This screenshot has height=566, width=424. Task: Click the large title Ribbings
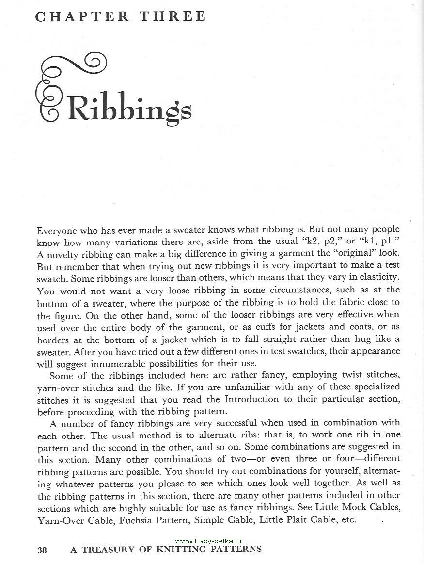[129, 108]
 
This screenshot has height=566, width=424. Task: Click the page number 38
[42, 550]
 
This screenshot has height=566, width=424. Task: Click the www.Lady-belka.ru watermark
[207, 540]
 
